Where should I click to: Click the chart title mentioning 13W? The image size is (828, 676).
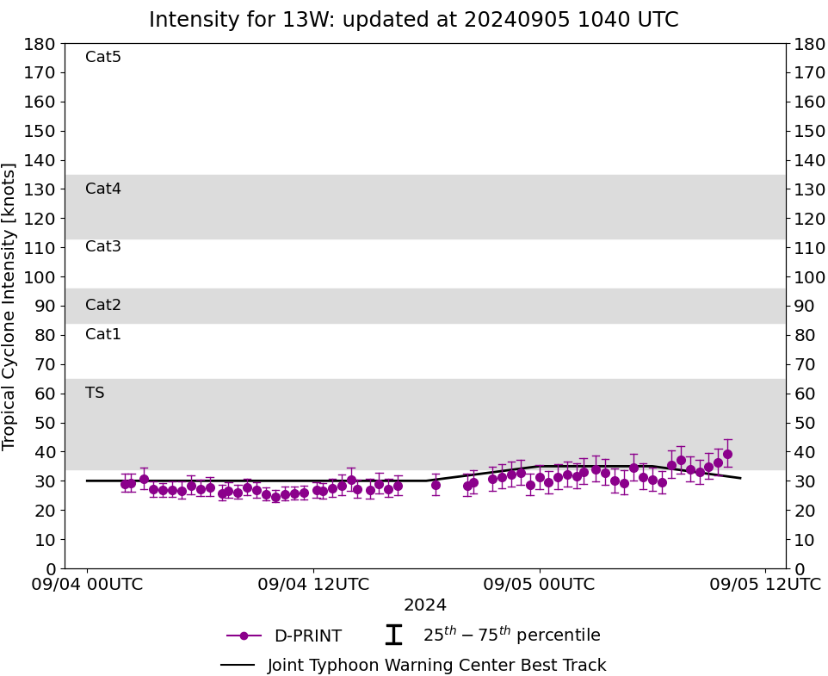pyautogui.click(x=413, y=20)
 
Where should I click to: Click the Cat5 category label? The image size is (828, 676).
pyautogui.click(x=103, y=57)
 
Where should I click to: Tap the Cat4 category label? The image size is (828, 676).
pyautogui.click(x=103, y=189)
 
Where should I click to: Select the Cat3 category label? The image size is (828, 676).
pyautogui.click(x=103, y=246)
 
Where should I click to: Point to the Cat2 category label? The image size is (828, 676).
pyautogui.click(x=103, y=305)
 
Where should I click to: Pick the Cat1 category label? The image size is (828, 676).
pyautogui.click(x=103, y=334)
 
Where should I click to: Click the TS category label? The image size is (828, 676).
pyautogui.click(x=95, y=393)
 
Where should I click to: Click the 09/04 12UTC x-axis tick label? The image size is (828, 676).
pyautogui.click(x=313, y=584)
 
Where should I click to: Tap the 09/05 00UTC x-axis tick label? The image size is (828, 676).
pyautogui.click(x=540, y=584)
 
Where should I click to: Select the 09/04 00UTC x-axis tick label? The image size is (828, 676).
pyautogui.click(x=87, y=584)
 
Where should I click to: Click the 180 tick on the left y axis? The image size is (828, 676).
pyautogui.click(x=40, y=44)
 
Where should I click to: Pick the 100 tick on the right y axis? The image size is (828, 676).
pyautogui.click(x=808, y=277)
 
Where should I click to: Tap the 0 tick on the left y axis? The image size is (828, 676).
pyautogui.click(x=50, y=569)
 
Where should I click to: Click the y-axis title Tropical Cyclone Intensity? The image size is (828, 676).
pyautogui.click(x=10, y=306)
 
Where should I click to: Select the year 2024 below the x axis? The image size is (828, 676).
pyautogui.click(x=425, y=605)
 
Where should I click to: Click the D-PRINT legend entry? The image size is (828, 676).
pyautogui.click(x=307, y=636)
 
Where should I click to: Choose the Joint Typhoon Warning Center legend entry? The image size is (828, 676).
pyautogui.click(x=436, y=666)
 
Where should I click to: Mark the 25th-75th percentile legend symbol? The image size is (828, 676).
pyautogui.click(x=393, y=636)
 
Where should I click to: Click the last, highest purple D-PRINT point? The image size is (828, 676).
pyautogui.click(x=727, y=454)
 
